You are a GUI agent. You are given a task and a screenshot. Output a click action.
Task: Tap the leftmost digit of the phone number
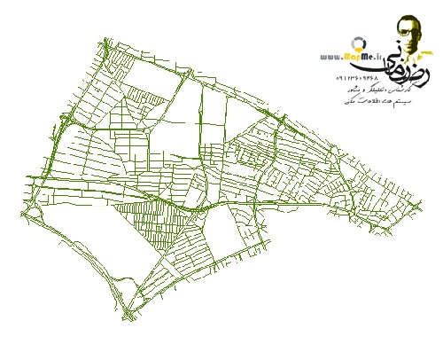tap(338, 79)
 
